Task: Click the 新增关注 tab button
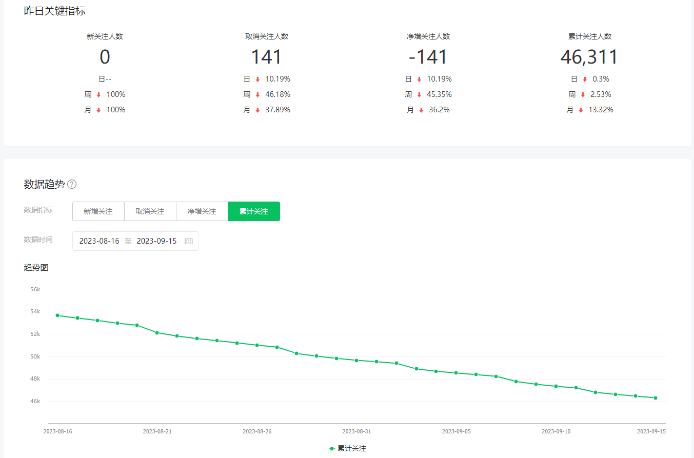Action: click(98, 211)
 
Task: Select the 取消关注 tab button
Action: click(150, 211)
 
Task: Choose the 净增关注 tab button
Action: click(202, 211)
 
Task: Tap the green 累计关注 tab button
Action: click(253, 211)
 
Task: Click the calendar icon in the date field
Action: click(189, 241)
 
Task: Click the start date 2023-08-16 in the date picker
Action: click(99, 241)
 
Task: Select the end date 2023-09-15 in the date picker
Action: click(156, 241)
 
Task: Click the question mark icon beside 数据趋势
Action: click(72, 184)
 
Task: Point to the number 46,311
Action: click(589, 57)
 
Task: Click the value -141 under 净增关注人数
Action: click(428, 57)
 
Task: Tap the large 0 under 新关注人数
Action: click(105, 57)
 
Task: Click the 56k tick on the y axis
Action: click(35, 289)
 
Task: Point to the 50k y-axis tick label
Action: click(35, 356)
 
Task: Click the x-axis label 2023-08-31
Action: click(356, 431)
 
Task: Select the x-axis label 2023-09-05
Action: click(456, 431)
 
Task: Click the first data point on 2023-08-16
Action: click(57, 315)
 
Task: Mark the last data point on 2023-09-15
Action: click(656, 397)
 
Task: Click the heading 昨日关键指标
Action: click(55, 11)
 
